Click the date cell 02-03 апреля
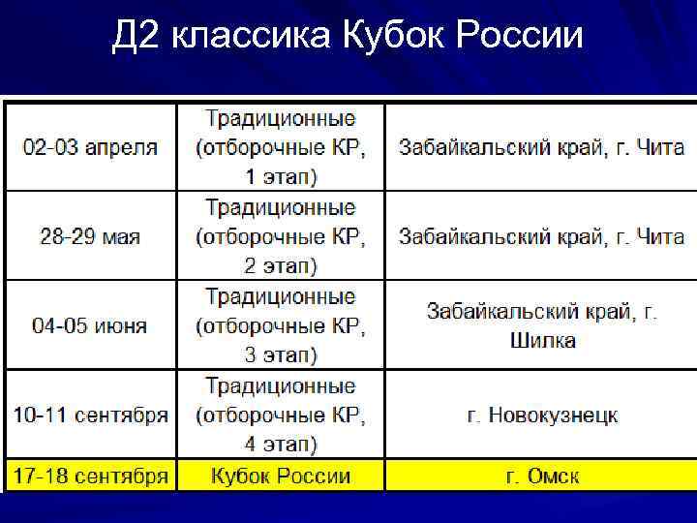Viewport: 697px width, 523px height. (90, 148)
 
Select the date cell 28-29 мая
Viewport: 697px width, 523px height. (90, 237)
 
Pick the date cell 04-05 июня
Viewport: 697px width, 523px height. (90, 326)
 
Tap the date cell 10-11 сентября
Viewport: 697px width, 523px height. (90, 415)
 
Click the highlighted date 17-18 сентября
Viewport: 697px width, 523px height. (90, 476)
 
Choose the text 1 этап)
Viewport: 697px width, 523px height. (281, 177)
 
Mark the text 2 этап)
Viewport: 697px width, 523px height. (281, 266)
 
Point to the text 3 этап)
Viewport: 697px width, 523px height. (281, 355)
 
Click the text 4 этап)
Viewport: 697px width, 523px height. (281, 445)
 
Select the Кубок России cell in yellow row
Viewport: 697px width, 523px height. (281, 476)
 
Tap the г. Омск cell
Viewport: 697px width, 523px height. (542, 477)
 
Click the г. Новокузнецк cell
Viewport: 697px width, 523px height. (542, 415)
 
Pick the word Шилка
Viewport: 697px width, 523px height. (542, 341)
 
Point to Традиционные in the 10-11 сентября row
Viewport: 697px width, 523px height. (281, 386)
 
